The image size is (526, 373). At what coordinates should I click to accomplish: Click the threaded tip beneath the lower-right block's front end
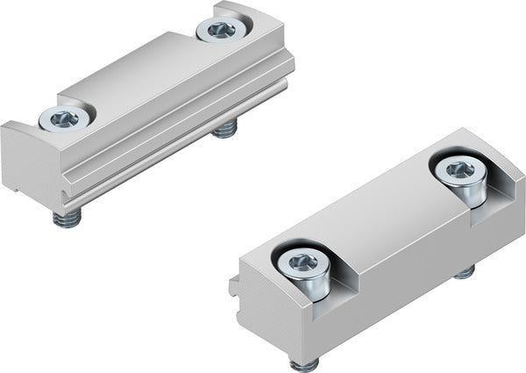(x=304, y=362)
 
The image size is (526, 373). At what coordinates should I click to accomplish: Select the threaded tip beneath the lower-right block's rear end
(x=464, y=271)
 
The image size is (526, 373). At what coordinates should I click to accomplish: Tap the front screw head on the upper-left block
(x=64, y=117)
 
